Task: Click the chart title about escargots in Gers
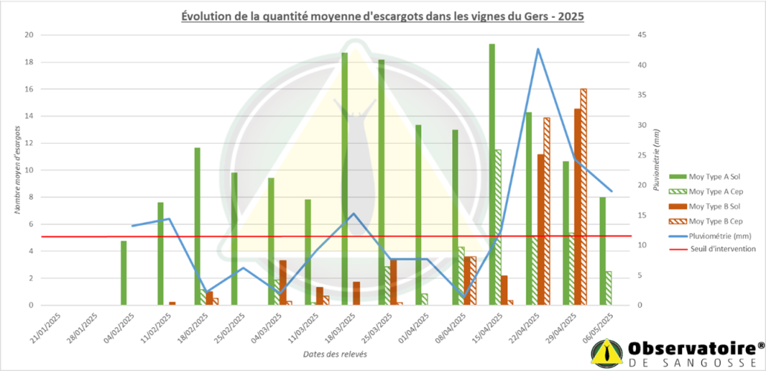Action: pyautogui.click(x=383, y=16)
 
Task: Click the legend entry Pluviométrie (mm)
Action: pyautogui.click(x=718, y=235)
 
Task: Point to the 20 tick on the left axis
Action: pyautogui.click(x=28, y=35)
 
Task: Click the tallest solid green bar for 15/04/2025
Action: pyautogui.click(x=492, y=174)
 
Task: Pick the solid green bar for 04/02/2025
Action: pyautogui.click(x=123, y=273)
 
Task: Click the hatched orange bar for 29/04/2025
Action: pyautogui.click(x=583, y=197)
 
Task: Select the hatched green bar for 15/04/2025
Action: pyautogui.click(x=498, y=227)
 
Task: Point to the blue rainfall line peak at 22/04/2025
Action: pyautogui.click(x=538, y=49)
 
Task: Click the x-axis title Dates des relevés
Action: pyautogui.click(x=335, y=354)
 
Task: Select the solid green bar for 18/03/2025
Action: pyautogui.click(x=344, y=179)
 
